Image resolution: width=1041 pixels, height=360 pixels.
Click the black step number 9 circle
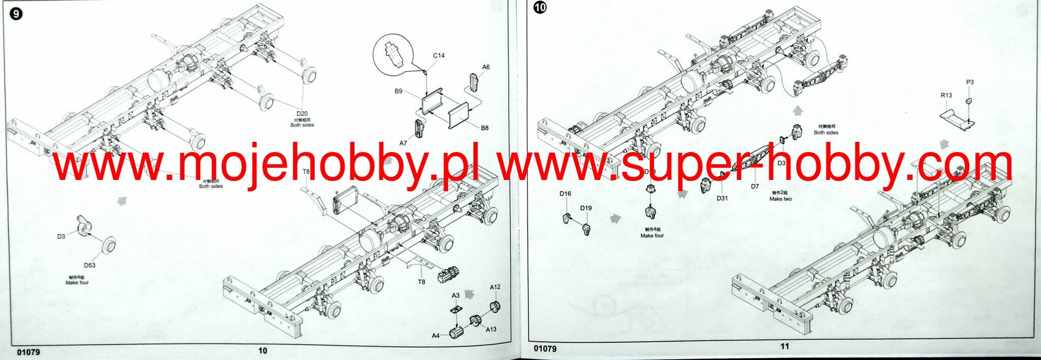pyautogui.click(x=16, y=14)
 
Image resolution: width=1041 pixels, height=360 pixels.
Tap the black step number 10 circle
pyautogui.click(x=540, y=8)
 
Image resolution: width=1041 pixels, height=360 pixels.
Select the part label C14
pyautogui.click(x=438, y=55)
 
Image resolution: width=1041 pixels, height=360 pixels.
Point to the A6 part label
pyautogui.click(x=486, y=67)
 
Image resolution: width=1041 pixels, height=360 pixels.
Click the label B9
pyautogui.click(x=398, y=91)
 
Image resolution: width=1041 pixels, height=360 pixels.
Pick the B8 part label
pyautogui.click(x=485, y=128)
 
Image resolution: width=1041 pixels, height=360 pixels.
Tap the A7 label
pyautogui.click(x=403, y=143)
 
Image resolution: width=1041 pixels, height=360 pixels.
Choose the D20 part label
pyautogui.click(x=302, y=114)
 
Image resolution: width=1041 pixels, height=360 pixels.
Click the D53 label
pyautogui.click(x=90, y=265)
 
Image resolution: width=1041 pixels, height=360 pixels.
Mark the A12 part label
pyautogui.click(x=495, y=287)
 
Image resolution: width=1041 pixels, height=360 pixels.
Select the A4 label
pyautogui.click(x=435, y=336)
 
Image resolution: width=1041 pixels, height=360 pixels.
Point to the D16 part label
pyautogui.click(x=565, y=194)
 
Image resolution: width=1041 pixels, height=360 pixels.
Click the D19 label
pyautogui.click(x=586, y=208)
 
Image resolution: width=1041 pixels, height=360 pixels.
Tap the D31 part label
pyautogui.click(x=722, y=198)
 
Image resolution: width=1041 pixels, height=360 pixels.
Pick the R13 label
pyautogui.click(x=946, y=95)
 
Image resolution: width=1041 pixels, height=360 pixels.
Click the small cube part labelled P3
pyautogui.click(x=969, y=100)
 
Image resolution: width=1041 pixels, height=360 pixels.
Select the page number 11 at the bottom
pyautogui.click(x=784, y=346)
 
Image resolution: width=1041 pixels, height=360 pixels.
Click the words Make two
pyautogui.click(x=780, y=199)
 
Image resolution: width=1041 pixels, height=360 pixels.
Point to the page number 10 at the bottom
pyautogui.click(x=262, y=350)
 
